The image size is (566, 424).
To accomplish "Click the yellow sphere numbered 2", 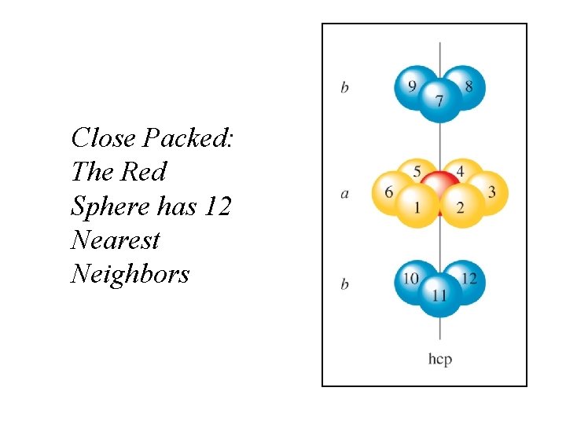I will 461,207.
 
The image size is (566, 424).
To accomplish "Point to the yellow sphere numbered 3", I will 491,192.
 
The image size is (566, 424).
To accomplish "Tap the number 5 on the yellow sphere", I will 417,171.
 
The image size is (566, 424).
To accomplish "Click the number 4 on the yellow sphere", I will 461,171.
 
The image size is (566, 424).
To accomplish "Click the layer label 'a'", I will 344,193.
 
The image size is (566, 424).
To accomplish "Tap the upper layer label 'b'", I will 344,87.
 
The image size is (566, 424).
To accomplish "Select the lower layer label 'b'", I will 344,283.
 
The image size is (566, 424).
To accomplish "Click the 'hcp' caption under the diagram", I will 440,359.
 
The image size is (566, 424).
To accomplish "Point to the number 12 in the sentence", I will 217,206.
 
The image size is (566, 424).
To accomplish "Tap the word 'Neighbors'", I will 130,274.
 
